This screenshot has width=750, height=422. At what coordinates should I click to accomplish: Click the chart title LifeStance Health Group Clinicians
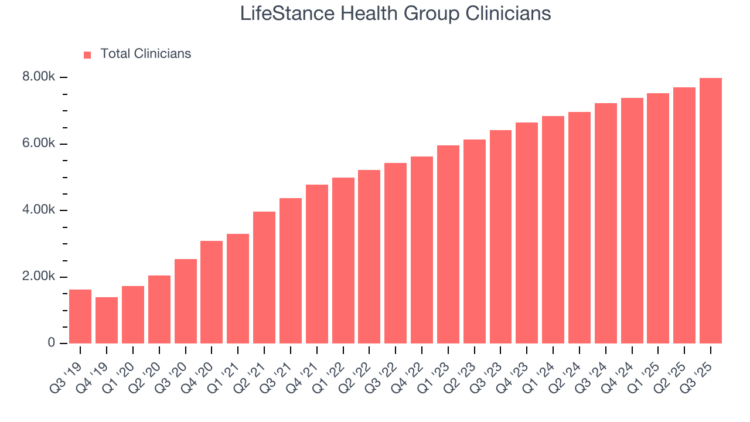(396, 13)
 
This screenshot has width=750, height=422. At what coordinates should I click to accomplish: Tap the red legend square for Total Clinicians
(87, 55)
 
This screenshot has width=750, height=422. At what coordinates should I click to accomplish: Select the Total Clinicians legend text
(145, 54)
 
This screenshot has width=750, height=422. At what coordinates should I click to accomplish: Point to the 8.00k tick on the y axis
(39, 77)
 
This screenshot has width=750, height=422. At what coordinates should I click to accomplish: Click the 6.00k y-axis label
(39, 144)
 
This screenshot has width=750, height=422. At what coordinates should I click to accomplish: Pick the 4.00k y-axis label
(39, 210)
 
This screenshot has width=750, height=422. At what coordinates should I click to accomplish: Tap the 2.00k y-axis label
(39, 277)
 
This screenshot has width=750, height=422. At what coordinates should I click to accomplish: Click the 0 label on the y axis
(51, 343)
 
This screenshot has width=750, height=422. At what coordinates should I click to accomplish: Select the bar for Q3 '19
(80, 316)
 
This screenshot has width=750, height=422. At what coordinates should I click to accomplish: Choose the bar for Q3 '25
(711, 211)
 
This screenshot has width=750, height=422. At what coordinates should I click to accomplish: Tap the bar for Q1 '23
(448, 244)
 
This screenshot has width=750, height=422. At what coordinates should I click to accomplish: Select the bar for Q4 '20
(212, 292)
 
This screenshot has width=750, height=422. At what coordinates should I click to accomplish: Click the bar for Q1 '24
(553, 230)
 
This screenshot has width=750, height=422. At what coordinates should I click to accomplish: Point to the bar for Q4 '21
(317, 264)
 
